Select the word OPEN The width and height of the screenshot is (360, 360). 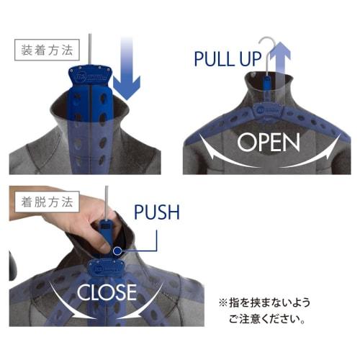pos(269,142)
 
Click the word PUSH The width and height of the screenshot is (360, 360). pos(157,212)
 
